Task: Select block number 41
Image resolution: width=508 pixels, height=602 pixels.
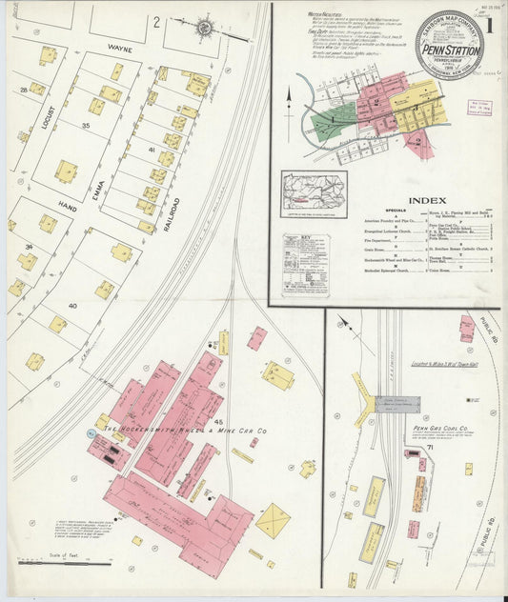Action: [x=150, y=150]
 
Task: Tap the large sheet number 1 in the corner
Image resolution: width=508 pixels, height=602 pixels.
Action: [x=490, y=20]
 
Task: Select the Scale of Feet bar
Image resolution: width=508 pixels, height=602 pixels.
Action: [x=57, y=563]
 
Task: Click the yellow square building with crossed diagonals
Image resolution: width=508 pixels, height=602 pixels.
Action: [x=273, y=520]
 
